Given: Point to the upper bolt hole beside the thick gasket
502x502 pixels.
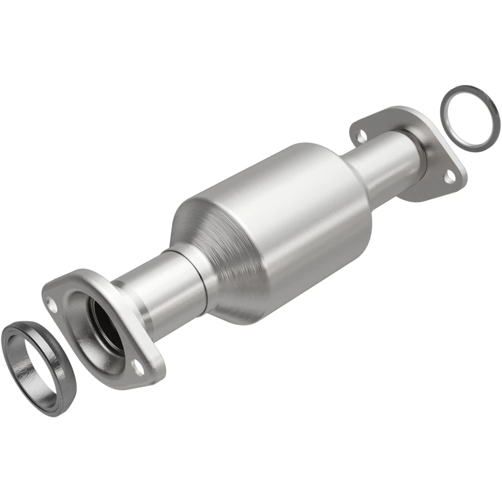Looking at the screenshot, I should pos(52,302).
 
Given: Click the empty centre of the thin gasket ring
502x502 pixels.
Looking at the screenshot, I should pos(469,118).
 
